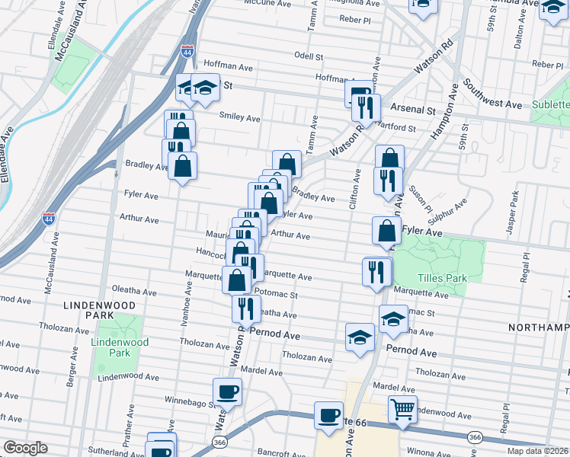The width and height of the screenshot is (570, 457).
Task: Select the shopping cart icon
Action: click(402, 409)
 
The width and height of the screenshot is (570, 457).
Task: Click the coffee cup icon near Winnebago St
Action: click(227, 392)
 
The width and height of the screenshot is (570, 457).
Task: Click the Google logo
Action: click(25, 448)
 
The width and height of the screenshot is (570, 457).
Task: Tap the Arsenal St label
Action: click(413, 110)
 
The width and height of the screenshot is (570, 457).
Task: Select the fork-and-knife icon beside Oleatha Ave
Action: click(245, 308)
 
